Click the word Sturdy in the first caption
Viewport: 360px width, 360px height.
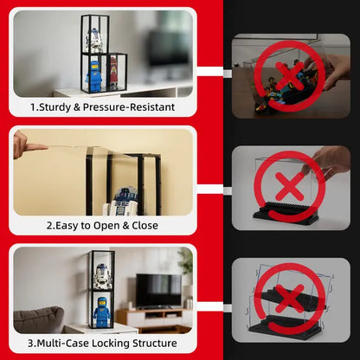(x=55, y=107)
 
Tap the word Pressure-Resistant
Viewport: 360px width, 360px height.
(x=129, y=107)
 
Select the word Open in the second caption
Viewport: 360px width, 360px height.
(x=106, y=226)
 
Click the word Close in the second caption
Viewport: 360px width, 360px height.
(x=145, y=226)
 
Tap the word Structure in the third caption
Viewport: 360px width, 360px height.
(x=155, y=344)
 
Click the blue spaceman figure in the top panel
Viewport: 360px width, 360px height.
(x=94, y=74)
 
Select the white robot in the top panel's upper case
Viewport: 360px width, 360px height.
(x=93, y=41)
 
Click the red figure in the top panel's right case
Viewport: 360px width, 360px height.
(x=113, y=72)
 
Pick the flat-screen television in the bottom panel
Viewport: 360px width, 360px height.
(x=158, y=291)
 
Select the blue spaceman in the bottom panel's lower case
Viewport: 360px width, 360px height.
(x=101, y=312)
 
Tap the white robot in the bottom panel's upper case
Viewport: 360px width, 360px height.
(x=102, y=276)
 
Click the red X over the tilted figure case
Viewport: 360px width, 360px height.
(x=290, y=76)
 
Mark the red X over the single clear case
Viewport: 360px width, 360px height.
(x=290, y=186)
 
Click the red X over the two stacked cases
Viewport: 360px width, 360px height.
(x=290, y=299)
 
